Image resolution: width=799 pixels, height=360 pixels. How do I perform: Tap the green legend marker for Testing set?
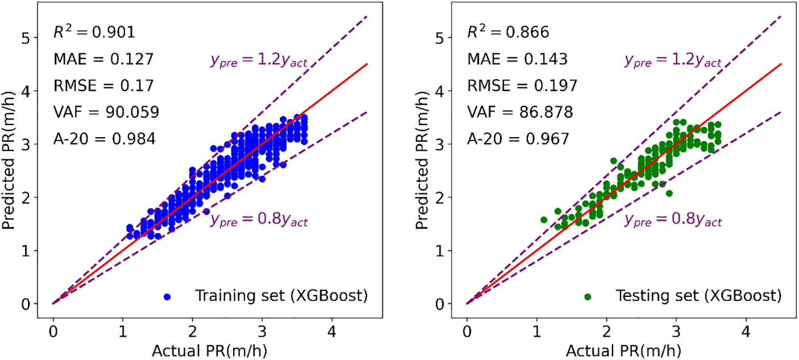pyautogui.click(x=587, y=296)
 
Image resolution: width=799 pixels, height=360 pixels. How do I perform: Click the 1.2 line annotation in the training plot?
pyautogui.click(x=259, y=61)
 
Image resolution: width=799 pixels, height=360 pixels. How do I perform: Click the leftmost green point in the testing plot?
pyautogui.click(x=544, y=220)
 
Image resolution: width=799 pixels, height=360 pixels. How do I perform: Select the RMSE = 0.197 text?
pyautogui.click(x=523, y=85)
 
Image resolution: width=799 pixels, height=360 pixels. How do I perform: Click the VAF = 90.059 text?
pyautogui.click(x=106, y=111)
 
